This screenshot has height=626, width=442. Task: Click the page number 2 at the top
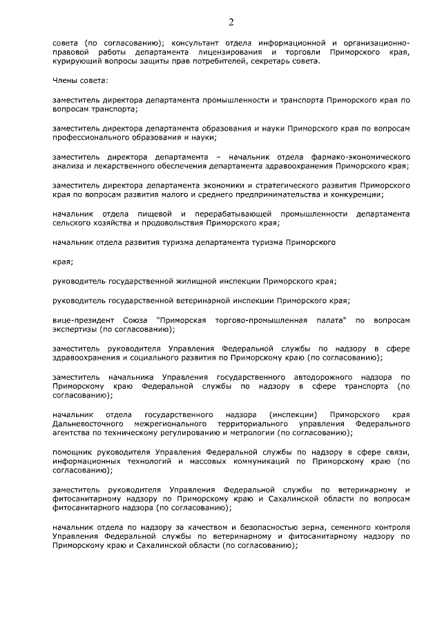[231, 21]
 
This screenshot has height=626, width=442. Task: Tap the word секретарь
[262, 62]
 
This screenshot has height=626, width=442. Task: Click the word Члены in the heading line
[66, 81]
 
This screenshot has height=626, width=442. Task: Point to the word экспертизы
[76, 330]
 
